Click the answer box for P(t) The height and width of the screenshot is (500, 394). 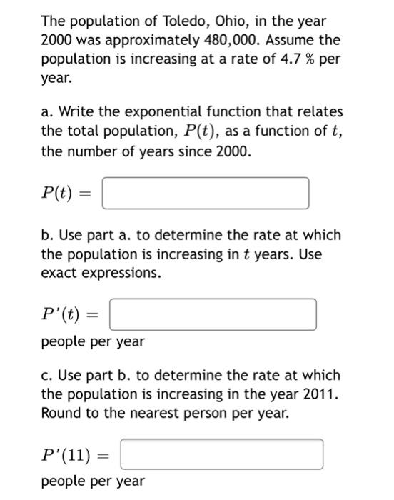(x=206, y=193)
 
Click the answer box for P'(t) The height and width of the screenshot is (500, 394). (x=213, y=315)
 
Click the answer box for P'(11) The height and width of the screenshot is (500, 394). (x=221, y=454)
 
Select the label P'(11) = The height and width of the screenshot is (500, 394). (x=74, y=454)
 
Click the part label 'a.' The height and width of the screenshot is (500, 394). (x=48, y=112)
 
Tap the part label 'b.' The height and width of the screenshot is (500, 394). (x=48, y=235)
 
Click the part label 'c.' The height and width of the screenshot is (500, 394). (x=48, y=375)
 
